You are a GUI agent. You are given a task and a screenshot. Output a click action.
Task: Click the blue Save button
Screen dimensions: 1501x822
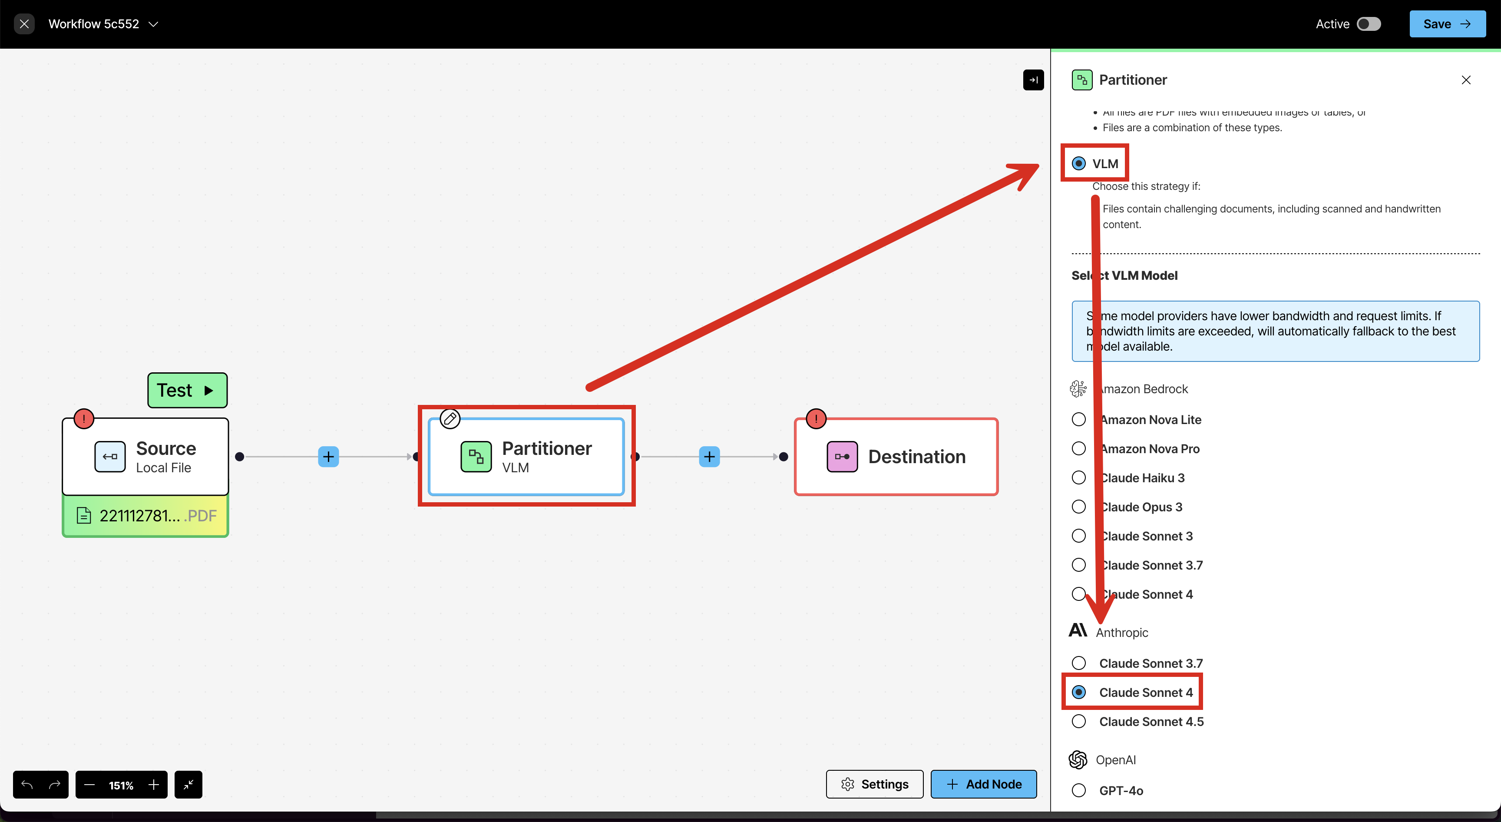point(1447,24)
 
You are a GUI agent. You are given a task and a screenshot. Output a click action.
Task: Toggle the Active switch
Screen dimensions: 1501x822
point(1368,24)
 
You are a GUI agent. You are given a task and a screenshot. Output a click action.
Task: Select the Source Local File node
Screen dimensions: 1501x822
point(145,457)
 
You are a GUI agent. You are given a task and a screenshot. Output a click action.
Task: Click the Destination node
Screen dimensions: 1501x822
point(896,457)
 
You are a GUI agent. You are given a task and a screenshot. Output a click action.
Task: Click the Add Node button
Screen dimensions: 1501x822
point(984,784)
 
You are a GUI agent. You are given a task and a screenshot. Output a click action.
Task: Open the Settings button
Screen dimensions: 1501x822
point(875,784)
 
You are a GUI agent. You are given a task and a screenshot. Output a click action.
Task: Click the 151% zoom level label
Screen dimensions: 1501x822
point(121,785)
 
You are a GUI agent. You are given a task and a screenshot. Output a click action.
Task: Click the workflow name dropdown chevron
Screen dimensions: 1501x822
point(153,24)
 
